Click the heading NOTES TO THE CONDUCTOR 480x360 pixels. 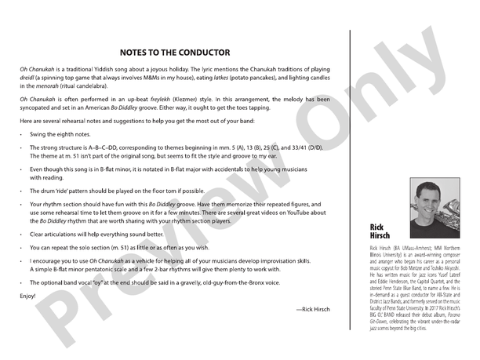click(x=174, y=53)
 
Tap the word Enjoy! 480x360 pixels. click(x=28, y=296)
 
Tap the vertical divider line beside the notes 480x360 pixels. click(x=351, y=180)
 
